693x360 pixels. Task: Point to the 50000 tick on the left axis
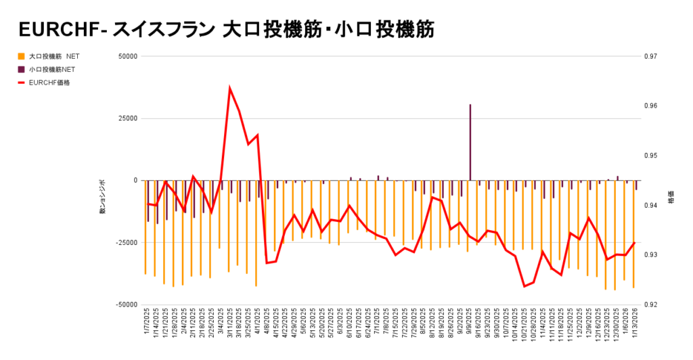(x=127, y=57)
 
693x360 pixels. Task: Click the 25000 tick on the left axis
(x=127, y=118)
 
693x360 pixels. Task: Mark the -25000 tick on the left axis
(x=125, y=242)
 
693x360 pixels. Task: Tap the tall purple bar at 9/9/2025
(x=470, y=142)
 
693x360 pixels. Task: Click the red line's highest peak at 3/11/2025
(x=230, y=89)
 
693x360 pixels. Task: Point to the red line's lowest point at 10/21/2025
(x=524, y=286)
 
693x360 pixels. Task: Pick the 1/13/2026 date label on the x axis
(x=635, y=325)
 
